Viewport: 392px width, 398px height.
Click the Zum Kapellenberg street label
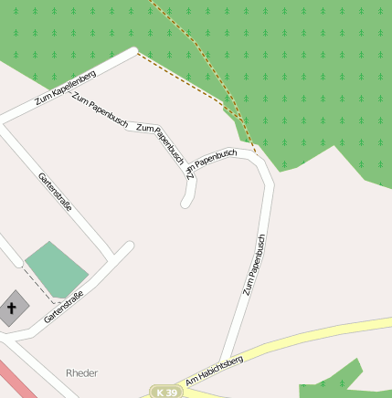coord(65,87)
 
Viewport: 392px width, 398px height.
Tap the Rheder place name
coord(81,372)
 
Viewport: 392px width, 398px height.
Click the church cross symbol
coord(12,309)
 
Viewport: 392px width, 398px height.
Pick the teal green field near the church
coord(56,268)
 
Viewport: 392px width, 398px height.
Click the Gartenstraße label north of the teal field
coord(56,192)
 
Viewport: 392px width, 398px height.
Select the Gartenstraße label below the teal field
coord(64,308)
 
